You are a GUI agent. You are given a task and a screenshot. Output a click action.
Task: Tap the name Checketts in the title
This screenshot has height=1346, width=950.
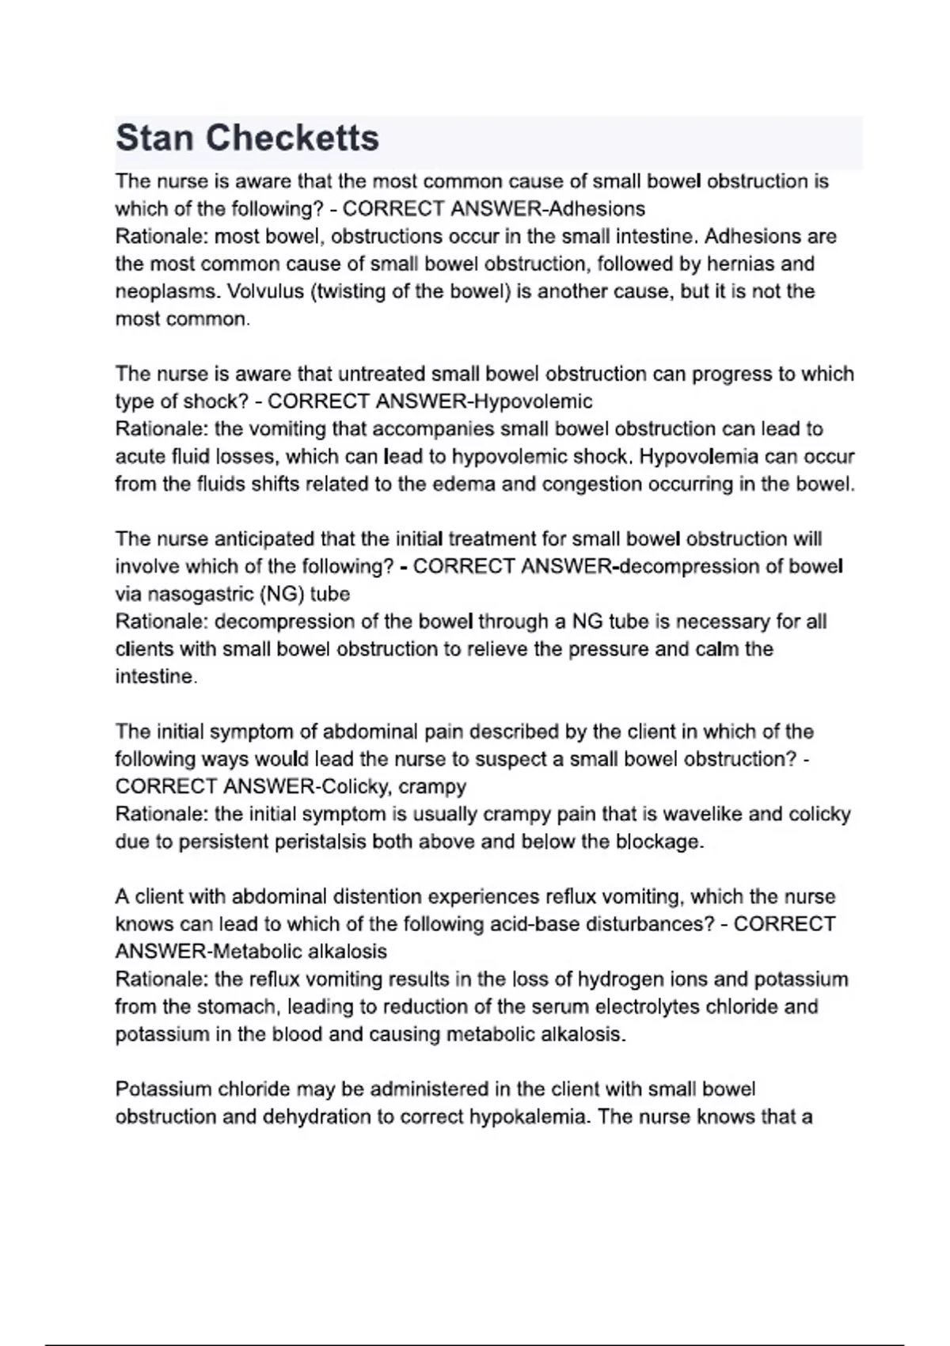point(293,139)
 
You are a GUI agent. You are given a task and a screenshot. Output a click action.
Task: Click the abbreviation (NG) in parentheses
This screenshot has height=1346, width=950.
point(280,594)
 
